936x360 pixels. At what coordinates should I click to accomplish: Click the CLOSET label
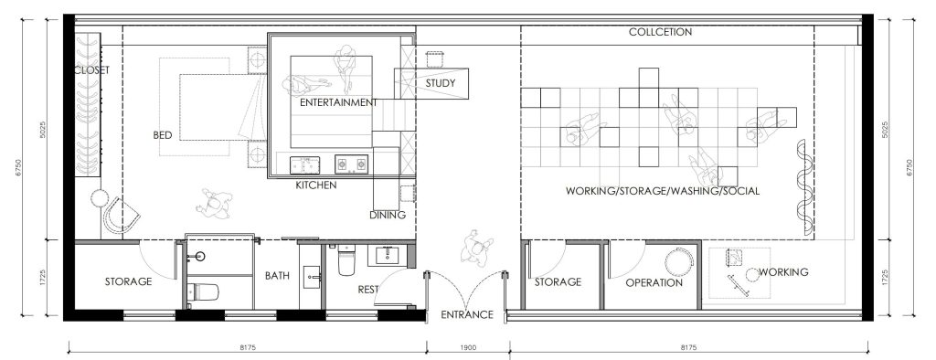(x=92, y=69)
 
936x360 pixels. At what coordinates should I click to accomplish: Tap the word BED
(x=163, y=135)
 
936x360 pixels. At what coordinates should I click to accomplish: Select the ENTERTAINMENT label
(x=338, y=102)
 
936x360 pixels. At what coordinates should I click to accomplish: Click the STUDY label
(x=440, y=83)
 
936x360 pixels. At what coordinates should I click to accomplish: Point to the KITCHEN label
(x=315, y=185)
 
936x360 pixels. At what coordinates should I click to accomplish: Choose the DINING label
(x=388, y=215)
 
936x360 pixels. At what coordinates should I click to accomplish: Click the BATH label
(x=277, y=276)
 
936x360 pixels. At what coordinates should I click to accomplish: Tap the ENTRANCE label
(x=467, y=314)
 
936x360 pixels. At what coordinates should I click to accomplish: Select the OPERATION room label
(x=654, y=283)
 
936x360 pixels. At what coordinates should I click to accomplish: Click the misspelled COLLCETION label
(x=660, y=32)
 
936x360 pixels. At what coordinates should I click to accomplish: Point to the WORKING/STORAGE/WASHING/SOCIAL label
(x=663, y=191)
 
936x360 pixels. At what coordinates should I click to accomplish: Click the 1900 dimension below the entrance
(x=469, y=347)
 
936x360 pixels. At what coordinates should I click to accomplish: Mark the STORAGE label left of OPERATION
(x=558, y=281)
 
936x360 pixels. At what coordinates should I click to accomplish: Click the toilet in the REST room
(x=346, y=260)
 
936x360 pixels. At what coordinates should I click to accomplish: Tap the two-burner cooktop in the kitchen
(x=351, y=164)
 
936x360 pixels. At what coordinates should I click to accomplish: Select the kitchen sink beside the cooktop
(x=304, y=164)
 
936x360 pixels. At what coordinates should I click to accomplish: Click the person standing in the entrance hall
(x=477, y=246)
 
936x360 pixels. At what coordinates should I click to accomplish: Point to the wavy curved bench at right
(x=804, y=187)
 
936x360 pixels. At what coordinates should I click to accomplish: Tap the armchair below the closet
(x=122, y=216)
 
